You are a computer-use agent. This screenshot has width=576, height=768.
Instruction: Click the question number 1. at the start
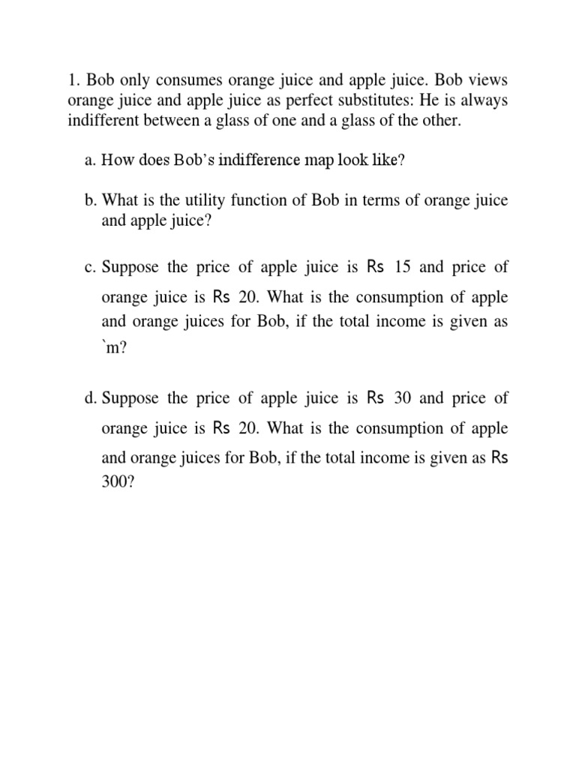73,79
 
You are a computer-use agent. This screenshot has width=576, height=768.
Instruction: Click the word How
116,159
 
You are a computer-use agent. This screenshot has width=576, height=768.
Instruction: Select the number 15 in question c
404,266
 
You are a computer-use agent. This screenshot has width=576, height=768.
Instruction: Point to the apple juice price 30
403,398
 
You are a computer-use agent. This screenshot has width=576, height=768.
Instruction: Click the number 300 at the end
117,484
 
